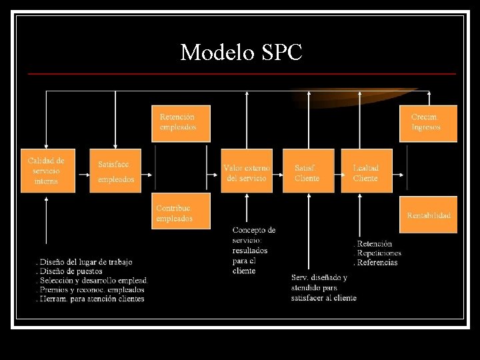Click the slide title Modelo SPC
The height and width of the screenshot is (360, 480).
(x=241, y=52)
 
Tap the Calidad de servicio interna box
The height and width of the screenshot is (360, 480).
(x=48, y=171)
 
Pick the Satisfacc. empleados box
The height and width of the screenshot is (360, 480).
(x=115, y=171)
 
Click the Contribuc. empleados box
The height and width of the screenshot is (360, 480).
(x=182, y=211)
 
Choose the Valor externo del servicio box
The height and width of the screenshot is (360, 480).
(x=247, y=171)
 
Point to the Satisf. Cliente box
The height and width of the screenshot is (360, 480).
(x=308, y=171)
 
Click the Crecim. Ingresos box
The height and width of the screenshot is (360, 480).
(x=428, y=123)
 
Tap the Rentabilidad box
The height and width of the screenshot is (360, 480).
(x=428, y=215)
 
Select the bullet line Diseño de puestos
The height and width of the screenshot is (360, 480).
(x=69, y=271)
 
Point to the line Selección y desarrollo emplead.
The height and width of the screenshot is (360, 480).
(x=92, y=281)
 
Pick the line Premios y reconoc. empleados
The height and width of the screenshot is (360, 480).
(x=90, y=290)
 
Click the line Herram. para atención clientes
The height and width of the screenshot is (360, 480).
(x=90, y=299)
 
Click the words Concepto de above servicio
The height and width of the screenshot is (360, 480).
(x=254, y=230)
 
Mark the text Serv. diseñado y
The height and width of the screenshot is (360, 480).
(x=319, y=277)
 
